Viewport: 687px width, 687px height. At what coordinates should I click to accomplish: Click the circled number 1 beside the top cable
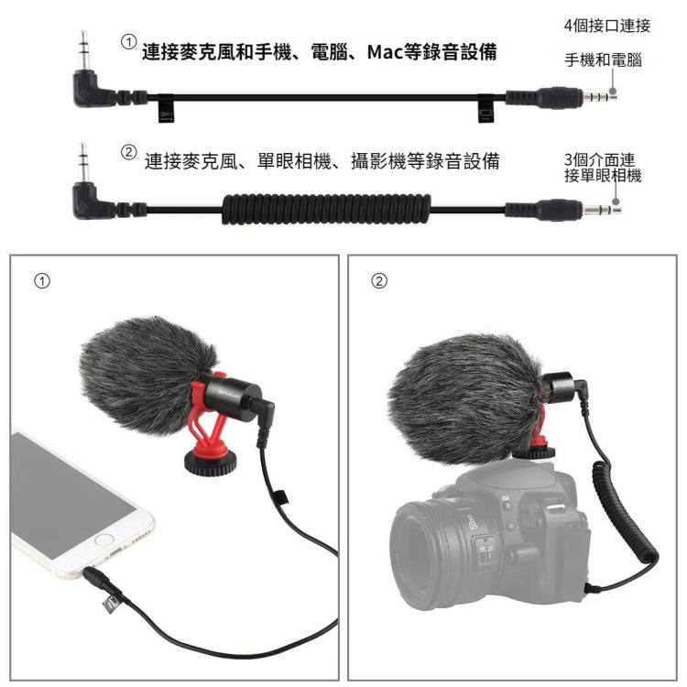coord(129,42)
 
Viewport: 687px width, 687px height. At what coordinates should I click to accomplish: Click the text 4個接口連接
coord(606,26)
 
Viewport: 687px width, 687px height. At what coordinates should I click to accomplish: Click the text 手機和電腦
coord(602,60)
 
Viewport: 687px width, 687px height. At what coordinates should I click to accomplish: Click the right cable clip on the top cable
coord(485,109)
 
